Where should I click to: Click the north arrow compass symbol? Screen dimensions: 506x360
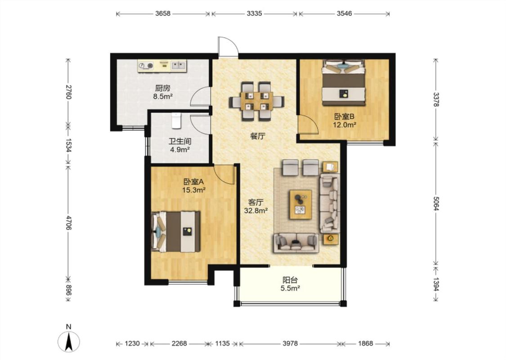click(x=68, y=341)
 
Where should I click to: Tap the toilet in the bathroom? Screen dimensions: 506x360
click(x=176, y=121)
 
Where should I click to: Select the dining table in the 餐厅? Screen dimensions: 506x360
click(x=256, y=101)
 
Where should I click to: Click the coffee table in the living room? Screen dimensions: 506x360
click(x=301, y=204)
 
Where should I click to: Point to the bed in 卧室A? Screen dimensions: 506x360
click(x=175, y=231)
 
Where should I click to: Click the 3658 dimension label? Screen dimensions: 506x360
click(x=163, y=13)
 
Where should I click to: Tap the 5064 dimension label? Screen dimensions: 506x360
click(x=436, y=203)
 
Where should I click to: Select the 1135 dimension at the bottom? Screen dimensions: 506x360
click(x=222, y=343)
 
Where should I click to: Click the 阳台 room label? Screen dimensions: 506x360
click(x=290, y=280)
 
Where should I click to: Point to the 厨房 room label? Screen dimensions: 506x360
click(x=163, y=88)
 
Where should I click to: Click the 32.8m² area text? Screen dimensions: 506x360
click(x=256, y=211)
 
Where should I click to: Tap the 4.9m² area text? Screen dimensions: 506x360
click(x=180, y=149)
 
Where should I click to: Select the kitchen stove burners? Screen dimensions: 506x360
click(x=146, y=66)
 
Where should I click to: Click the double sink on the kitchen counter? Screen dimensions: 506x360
click(x=178, y=66)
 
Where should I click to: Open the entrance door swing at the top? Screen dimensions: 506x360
click(x=228, y=47)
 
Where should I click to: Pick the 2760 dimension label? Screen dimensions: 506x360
click(x=68, y=92)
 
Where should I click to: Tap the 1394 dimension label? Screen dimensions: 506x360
click(x=436, y=284)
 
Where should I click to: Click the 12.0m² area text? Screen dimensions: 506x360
click(x=345, y=125)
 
